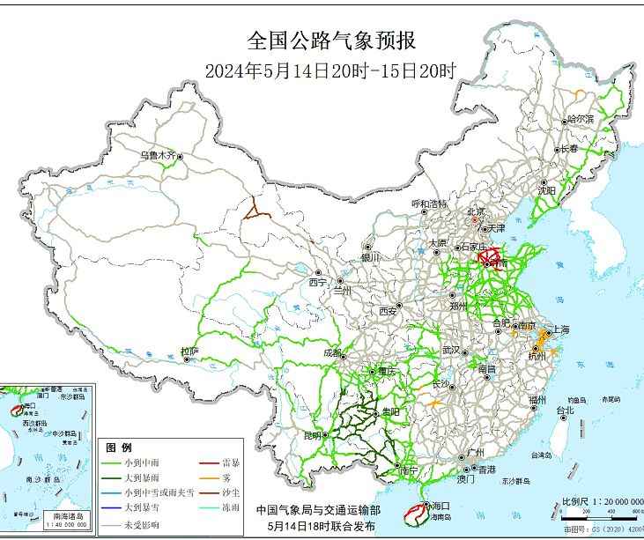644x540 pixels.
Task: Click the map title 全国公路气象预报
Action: click(x=330, y=41)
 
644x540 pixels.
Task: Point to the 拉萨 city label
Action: click(x=189, y=351)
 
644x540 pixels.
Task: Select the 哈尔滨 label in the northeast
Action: click(x=581, y=118)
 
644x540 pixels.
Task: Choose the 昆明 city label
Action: click(x=313, y=435)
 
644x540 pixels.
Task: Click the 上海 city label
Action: click(x=560, y=329)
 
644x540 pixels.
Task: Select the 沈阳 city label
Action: click(x=546, y=189)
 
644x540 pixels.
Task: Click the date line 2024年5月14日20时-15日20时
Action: click(x=330, y=70)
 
